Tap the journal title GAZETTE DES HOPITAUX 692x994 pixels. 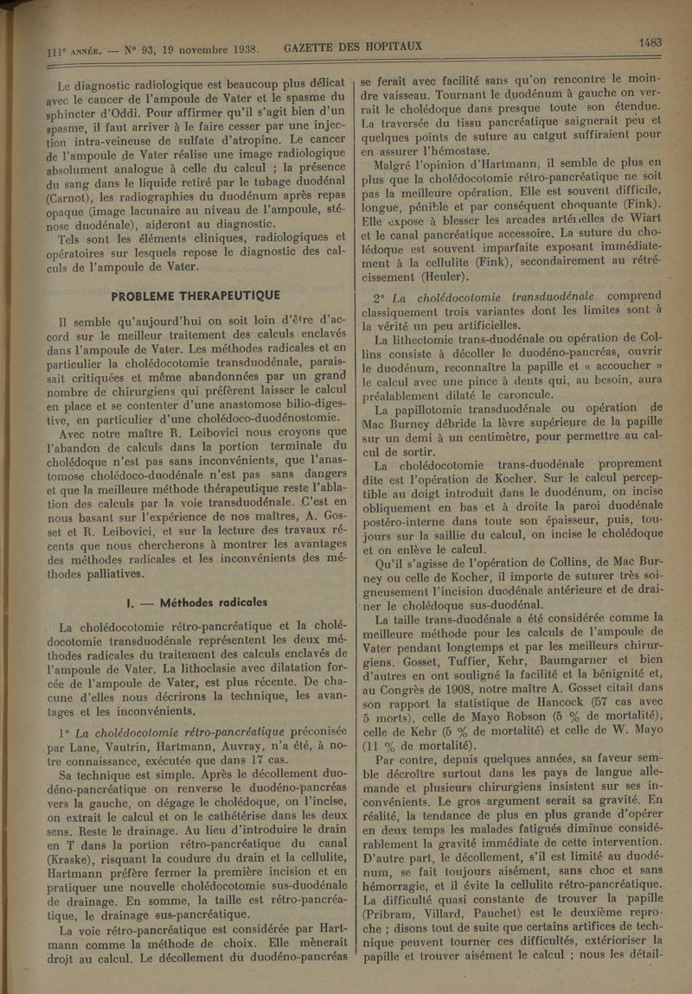[352, 46]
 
